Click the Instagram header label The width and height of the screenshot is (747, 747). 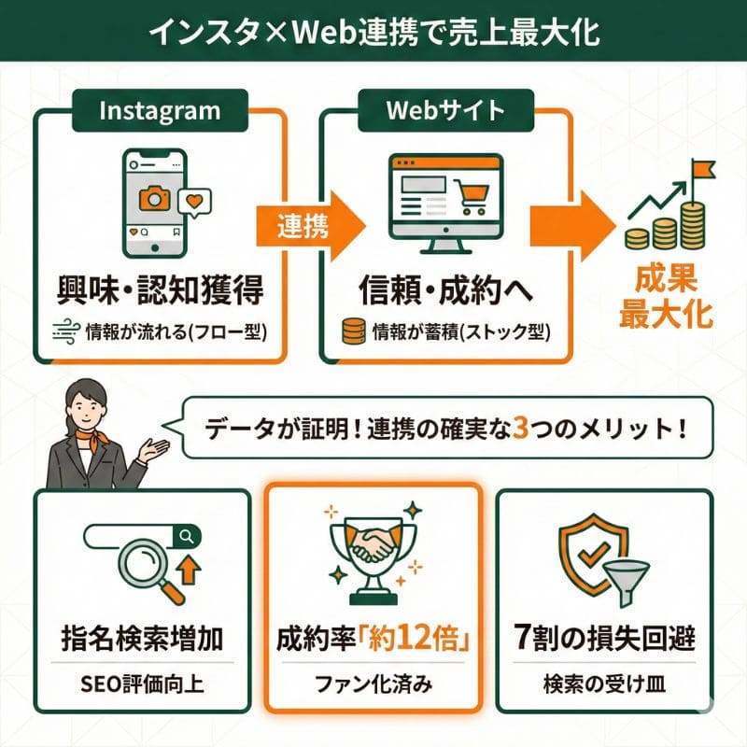tap(160, 111)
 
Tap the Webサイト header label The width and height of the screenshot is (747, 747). tap(445, 111)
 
